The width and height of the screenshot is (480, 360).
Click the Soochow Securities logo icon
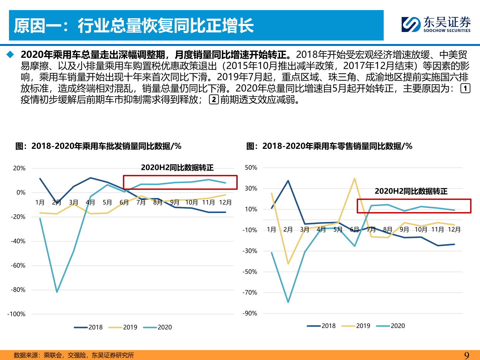click(x=411, y=25)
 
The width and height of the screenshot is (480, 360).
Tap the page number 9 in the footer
click(x=467, y=355)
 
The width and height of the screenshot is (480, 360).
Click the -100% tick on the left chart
click(x=16, y=314)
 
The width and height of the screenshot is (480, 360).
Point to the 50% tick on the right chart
click(x=251, y=168)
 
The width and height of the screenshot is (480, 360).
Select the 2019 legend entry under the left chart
click(x=123, y=327)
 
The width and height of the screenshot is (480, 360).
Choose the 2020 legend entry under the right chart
click(x=391, y=326)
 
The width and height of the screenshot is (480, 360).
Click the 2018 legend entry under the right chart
click(x=321, y=326)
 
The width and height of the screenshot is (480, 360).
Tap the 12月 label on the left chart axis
click(x=225, y=202)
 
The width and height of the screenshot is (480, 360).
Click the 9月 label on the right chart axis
click(x=404, y=229)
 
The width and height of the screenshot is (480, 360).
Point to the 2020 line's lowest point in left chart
click(x=57, y=292)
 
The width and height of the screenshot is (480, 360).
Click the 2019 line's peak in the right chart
click(x=355, y=178)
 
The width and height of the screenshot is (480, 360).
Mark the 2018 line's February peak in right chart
click(x=288, y=181)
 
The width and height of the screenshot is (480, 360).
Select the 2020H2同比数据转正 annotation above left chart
click(x=177, y=168)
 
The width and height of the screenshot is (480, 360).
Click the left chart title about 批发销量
click(x=98, y=146)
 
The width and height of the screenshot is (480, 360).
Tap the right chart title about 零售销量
click(x=329, y=146)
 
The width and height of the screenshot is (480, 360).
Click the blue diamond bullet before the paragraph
click(x=10, y=55)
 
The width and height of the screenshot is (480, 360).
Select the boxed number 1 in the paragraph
click(x=465, y=88)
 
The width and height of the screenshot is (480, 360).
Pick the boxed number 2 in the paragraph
click(x=214, y=99)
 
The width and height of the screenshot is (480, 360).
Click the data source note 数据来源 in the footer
click(x=74, y=355)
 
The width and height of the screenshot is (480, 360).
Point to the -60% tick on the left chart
click(x=18, y=265)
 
